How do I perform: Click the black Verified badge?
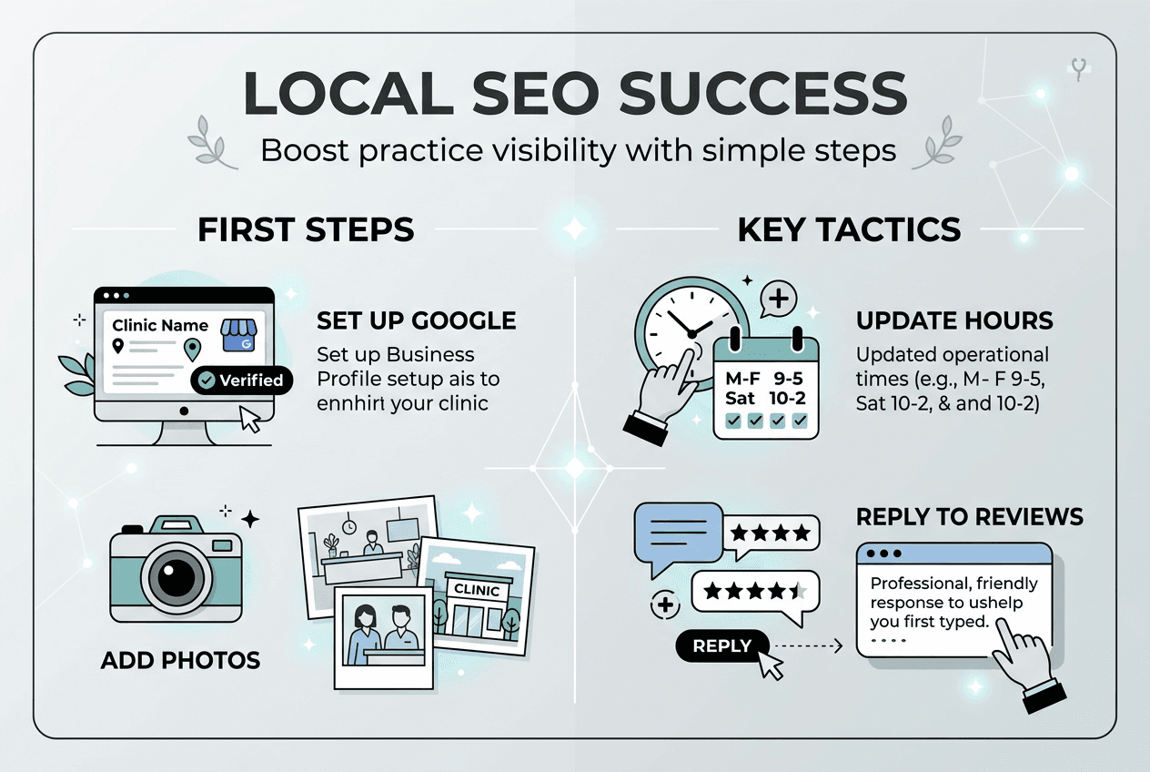click(x=242, y=380)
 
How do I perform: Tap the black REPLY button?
click(x=721, y=646)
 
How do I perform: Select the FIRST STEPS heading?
click(x=306, y=229)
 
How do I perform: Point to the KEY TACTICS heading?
click(x=849, y=229)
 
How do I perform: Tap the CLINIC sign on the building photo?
click(x=477, y=590)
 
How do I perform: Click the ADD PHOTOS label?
click(x=181, y=659)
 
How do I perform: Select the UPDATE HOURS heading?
click(x=954, y=320)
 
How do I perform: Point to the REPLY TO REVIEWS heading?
click(x=970, y=517)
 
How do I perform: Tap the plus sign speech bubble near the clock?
click(x=777, y=298)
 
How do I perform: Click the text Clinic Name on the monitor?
click(x=160, y=325)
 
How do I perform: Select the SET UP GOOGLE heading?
click(x=416, y=320)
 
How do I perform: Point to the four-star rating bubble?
click(x=770, y=532)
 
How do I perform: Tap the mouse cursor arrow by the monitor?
click(x=249, y=419)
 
